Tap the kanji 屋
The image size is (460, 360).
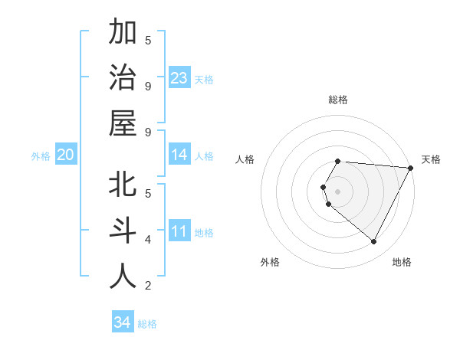click(x=123, y=124)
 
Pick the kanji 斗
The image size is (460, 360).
click(x=123, y=231)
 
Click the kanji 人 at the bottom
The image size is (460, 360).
click(x=123, y=277)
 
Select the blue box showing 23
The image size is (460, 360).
click(x=179, y=77)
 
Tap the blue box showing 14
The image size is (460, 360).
click(x=179, y=155)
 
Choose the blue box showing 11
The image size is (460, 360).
click(x=179, y=231)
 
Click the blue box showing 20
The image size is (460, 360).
click(x=65, y=155)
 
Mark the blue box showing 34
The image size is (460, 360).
click(x=122, y=322)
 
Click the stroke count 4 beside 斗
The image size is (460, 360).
click(x=148, y=240)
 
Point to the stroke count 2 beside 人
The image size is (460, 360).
click(x=148, y=286)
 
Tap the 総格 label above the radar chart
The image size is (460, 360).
click(x=337, y=100)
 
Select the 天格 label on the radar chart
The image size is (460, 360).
click(x=431, y=159)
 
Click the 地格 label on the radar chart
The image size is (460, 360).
click(x=402, y=262)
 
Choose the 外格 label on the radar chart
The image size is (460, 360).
click(x=270, y=262)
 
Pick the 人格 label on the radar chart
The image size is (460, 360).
click(x=245, y=159)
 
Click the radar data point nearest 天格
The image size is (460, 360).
click(x=410, y=168)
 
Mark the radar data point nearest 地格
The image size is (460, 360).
click(x=374, y=241)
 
